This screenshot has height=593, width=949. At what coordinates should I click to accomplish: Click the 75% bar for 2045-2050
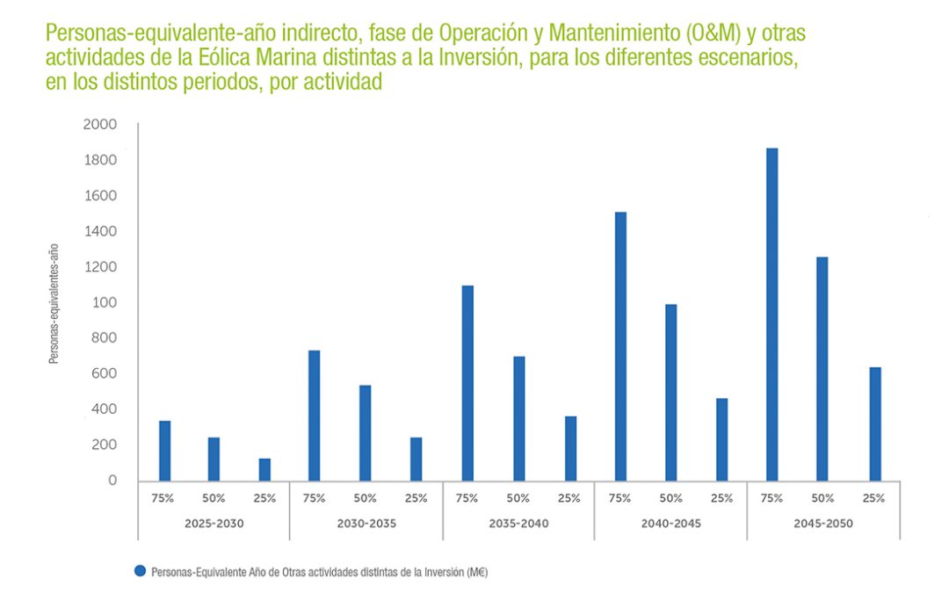click(772, 314)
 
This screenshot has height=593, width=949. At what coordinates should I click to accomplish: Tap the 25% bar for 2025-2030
click(264, 469)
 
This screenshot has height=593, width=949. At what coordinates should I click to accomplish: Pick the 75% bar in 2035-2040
click(467, 383)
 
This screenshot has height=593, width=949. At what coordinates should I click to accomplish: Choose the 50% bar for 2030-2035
click(365, 432)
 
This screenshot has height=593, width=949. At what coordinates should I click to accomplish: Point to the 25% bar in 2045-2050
click(874, 423)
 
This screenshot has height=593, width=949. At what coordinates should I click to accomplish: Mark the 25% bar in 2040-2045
click(721, 439)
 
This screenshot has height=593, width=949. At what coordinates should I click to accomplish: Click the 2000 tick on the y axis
click(99, 125)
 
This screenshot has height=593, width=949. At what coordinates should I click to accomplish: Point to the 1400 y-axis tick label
click(99, 231)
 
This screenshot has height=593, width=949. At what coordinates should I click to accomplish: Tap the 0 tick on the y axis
click(112, 481)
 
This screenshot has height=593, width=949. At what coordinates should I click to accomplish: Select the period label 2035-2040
click(518, 524)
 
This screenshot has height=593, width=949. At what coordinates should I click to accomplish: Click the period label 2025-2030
click(214, 524)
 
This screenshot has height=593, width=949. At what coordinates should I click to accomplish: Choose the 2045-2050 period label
click(822, 524)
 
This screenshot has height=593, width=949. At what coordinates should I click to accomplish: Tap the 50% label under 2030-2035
click(365, 498)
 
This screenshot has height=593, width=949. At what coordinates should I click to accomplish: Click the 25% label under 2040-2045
click(721, 498)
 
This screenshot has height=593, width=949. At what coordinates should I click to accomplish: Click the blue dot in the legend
click(140, 571)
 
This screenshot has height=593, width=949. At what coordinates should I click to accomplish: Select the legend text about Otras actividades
click(319, 572)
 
